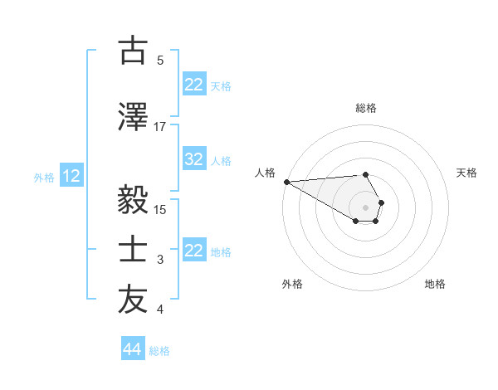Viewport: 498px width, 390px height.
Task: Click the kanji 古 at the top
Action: tap(133, 51)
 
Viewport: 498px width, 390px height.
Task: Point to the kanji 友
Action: tap(133, 300)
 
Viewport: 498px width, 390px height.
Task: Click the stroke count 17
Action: tap(160, 126)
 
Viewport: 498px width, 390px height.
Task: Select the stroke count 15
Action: tap(160, 209)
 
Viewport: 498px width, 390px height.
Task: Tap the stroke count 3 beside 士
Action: tap(160, 260)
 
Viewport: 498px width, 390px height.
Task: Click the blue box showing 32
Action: tap(194, 159)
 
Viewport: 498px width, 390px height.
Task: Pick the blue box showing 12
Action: tap(71, 176)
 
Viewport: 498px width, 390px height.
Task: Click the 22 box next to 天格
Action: tap(194, 84)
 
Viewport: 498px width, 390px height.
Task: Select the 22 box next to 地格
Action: tap(194, 251)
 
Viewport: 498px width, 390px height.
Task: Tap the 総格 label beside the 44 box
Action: tap(159, 351)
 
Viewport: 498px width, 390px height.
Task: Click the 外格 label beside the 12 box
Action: tap(44, 177)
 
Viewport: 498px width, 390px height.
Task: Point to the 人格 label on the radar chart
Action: tap(265, 173)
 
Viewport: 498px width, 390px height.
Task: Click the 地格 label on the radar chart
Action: tap(435, 284)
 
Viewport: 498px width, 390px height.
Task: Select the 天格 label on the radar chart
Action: tap(466, 173)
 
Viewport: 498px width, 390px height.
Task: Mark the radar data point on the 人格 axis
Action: tap(286, 182)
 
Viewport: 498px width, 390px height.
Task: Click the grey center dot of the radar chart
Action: tap(365, 207)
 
